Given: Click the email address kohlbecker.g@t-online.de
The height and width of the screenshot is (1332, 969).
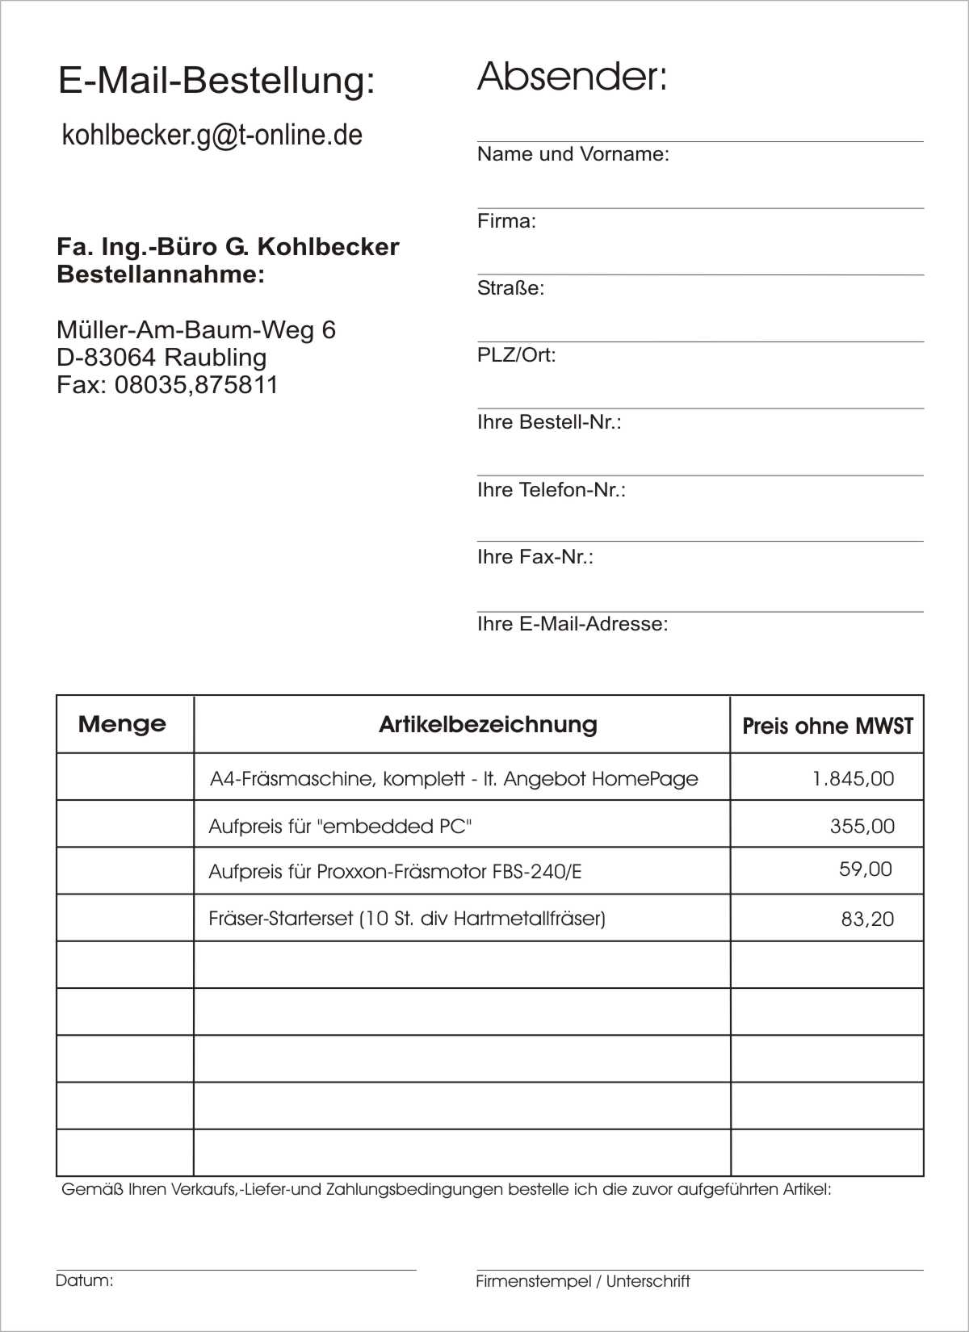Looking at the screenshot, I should click(212, 136).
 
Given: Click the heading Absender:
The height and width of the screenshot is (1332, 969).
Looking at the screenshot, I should click(572, 77).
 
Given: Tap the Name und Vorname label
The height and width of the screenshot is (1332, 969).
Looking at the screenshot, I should click(573, 154).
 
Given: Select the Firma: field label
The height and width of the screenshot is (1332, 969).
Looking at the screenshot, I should click(506, 221).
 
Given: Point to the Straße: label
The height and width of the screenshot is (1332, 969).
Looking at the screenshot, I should click(510, 288).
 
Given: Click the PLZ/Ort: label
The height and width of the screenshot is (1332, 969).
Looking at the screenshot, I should click(516, 355).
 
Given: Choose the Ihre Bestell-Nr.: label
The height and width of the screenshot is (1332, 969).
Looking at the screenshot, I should click(549, 422).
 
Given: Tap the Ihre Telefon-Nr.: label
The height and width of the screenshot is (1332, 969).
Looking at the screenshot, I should click(551, 490).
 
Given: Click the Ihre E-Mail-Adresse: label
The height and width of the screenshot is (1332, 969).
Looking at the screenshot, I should click(573, 624).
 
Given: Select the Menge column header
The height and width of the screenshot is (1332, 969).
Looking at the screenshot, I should click(122, 724).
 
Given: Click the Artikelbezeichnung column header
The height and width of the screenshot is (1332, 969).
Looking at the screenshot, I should click(488, 725).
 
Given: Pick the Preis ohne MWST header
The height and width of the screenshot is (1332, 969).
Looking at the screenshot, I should click(828, 727).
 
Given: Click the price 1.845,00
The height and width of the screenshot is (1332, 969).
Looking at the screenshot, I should click(853, 779).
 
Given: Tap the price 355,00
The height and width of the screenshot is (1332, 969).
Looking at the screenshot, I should click(862, 827).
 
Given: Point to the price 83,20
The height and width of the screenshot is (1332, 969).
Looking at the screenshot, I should click(867, 919).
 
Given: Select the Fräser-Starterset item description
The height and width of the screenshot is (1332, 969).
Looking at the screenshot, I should click(407, 919).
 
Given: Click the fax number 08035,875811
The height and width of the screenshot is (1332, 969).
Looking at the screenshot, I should click(195, 385).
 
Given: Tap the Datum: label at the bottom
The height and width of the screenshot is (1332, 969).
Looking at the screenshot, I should click(84, 1280).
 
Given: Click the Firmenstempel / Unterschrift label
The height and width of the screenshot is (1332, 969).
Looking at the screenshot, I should click(582, 1281).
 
